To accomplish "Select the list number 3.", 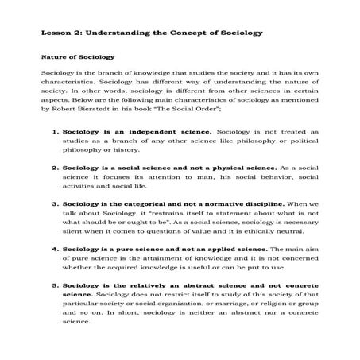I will (54, 203).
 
